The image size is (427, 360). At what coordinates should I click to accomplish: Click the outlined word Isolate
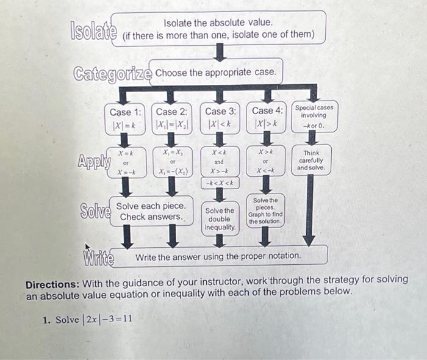coord(94,31)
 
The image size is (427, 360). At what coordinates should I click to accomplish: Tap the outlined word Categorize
coord(112,74)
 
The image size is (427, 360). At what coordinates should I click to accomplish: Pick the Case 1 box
coord(125,117)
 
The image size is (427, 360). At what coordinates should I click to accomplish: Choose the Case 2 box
coord(171,117)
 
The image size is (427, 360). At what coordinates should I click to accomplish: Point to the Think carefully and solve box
coord(311,160)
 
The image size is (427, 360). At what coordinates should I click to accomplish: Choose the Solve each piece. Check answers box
coord(151,211)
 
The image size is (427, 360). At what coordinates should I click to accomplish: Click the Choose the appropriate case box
coord(215,73)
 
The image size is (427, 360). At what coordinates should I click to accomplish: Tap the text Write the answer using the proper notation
coord(218,256)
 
